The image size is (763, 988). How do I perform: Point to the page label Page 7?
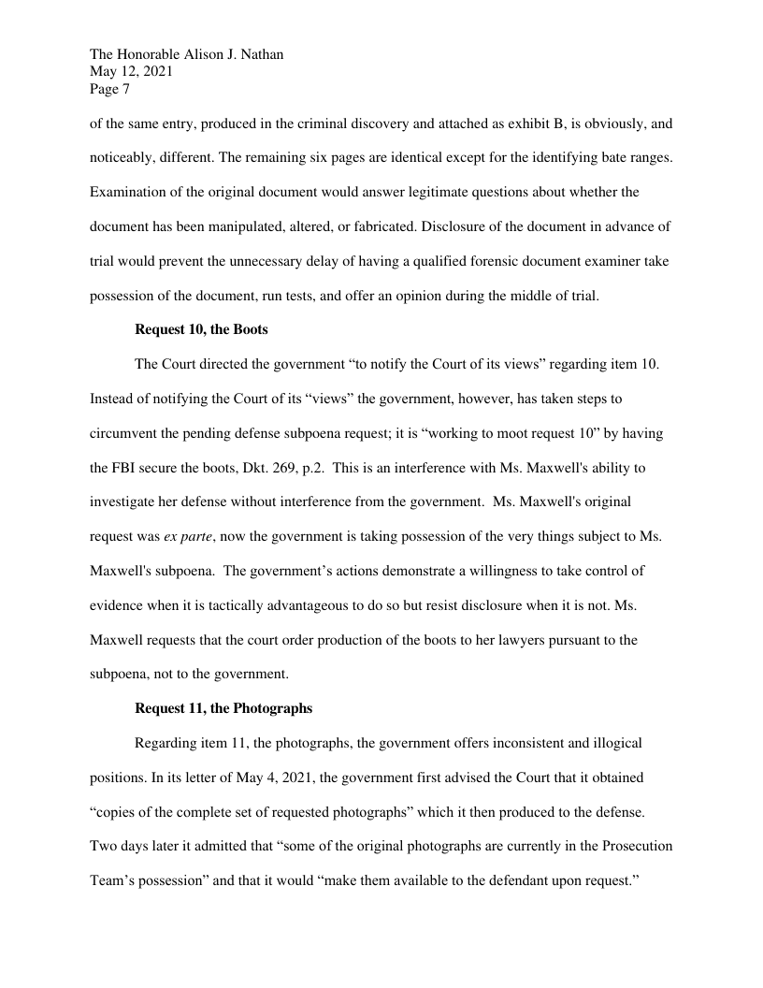pyautogui.click(x=109, y=90)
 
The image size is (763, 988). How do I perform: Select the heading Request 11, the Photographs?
pyautogui.click(x=223, y=708)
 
